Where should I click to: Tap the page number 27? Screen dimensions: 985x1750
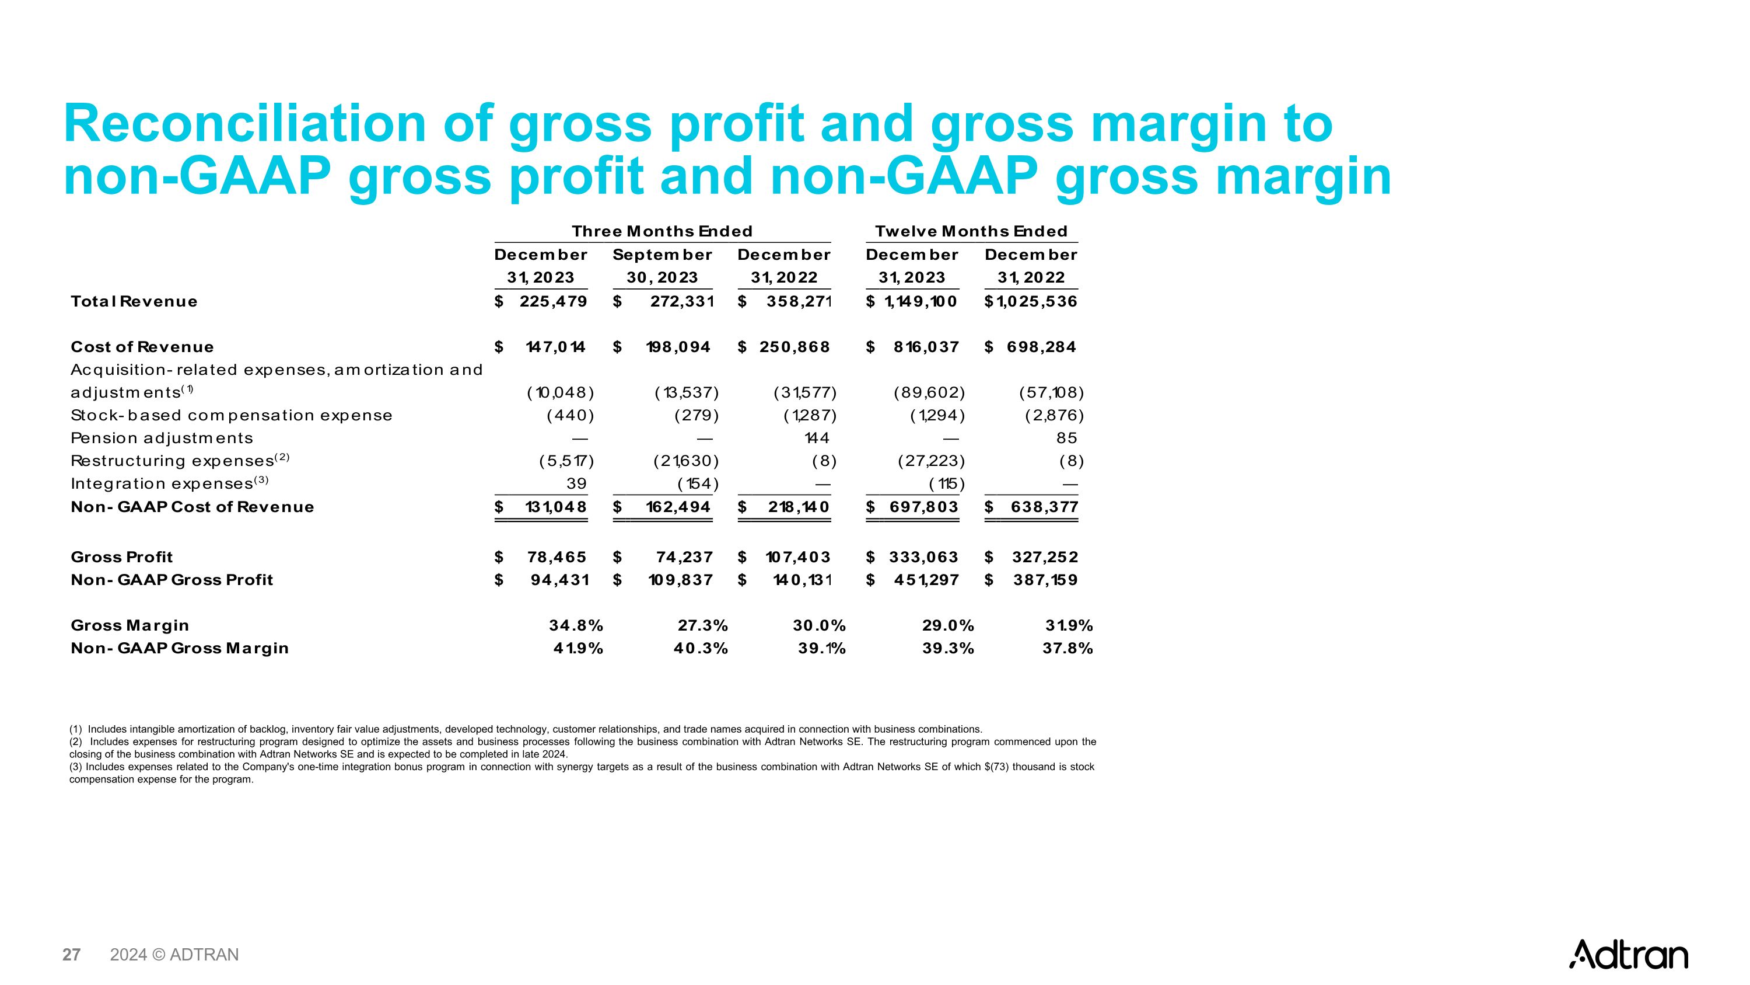pos(71,955)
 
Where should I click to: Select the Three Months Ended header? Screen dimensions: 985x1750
pos(661,231)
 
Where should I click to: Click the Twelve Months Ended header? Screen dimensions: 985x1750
pos(971,231)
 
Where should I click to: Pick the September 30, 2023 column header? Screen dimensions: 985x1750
pos(661,266)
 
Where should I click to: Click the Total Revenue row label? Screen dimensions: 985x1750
pos(134,301)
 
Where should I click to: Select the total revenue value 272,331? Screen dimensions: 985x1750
pos(681,301)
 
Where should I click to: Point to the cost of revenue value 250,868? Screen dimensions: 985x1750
pos(794,347)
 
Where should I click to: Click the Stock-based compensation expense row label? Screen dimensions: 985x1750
pos(232,415)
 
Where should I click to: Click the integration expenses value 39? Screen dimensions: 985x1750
pos(576,483)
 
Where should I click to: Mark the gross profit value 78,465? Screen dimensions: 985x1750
pos(556,557)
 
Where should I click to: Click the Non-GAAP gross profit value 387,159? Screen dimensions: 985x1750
pos(1045,580)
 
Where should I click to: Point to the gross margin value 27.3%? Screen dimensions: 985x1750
pos(702,625)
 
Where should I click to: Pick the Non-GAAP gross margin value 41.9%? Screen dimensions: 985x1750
pos(577,649)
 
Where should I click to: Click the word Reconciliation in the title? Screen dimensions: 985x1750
pos(244,124)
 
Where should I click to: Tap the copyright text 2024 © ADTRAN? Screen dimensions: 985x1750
pos(174,955)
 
